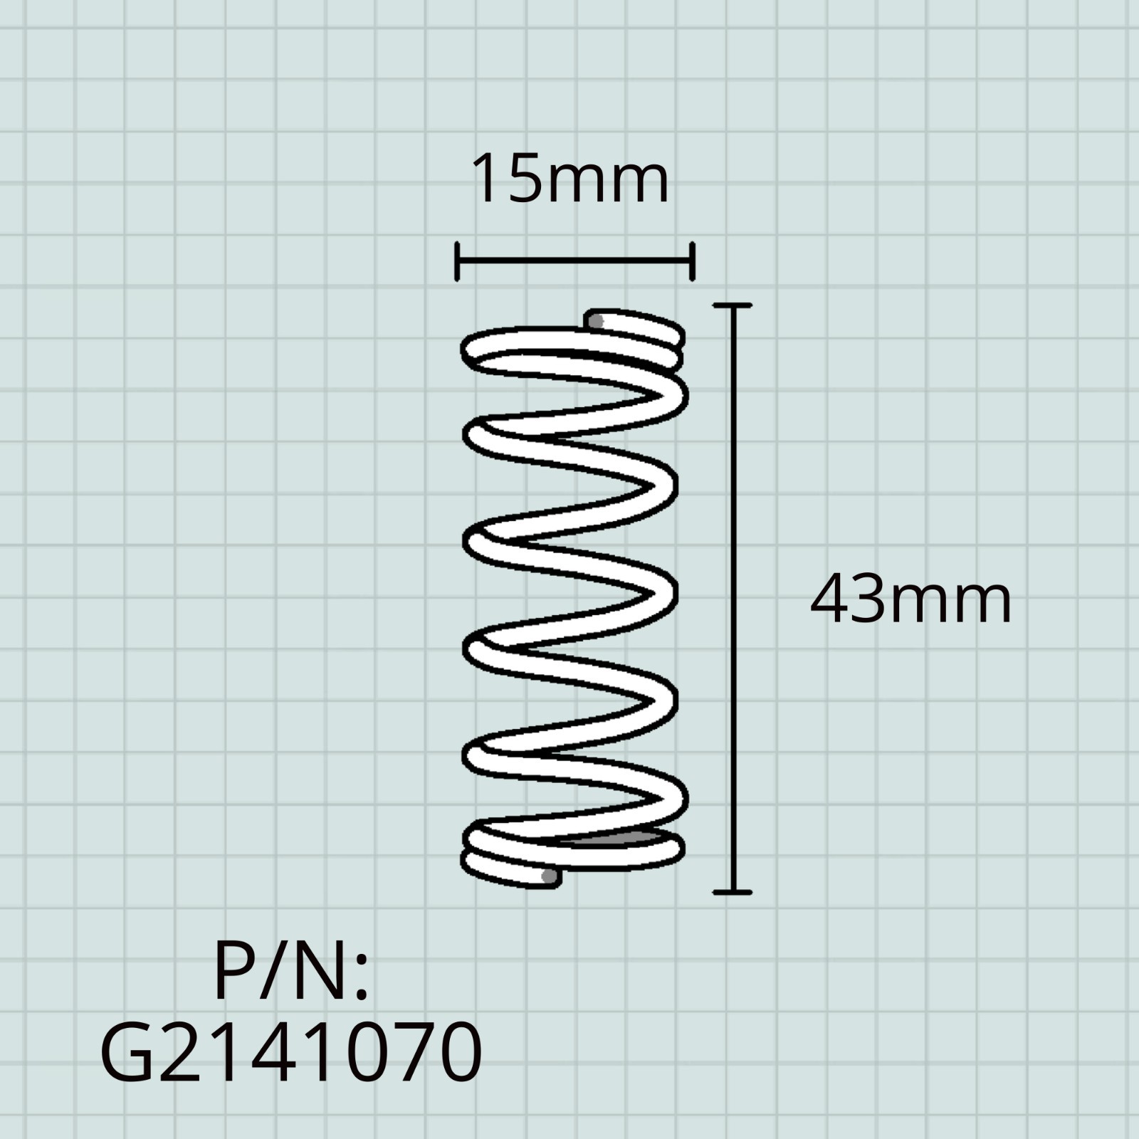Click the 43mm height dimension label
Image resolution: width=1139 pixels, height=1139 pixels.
(x=910, y=601)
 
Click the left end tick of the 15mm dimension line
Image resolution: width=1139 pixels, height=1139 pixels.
(x=457, y=261)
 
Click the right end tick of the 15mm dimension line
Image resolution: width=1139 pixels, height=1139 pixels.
(x=692, y=261)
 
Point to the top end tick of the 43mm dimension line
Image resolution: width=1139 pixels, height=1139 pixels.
(x=733, y=305)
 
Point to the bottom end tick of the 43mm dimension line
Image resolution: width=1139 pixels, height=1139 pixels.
(x=733, y=891)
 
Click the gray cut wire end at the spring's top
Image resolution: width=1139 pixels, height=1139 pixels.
(x=597, y=322)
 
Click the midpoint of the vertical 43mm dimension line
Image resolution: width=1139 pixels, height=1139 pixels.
(x=733, y=598)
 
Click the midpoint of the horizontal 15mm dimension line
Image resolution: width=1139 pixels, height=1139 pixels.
(x=574, y=261)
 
